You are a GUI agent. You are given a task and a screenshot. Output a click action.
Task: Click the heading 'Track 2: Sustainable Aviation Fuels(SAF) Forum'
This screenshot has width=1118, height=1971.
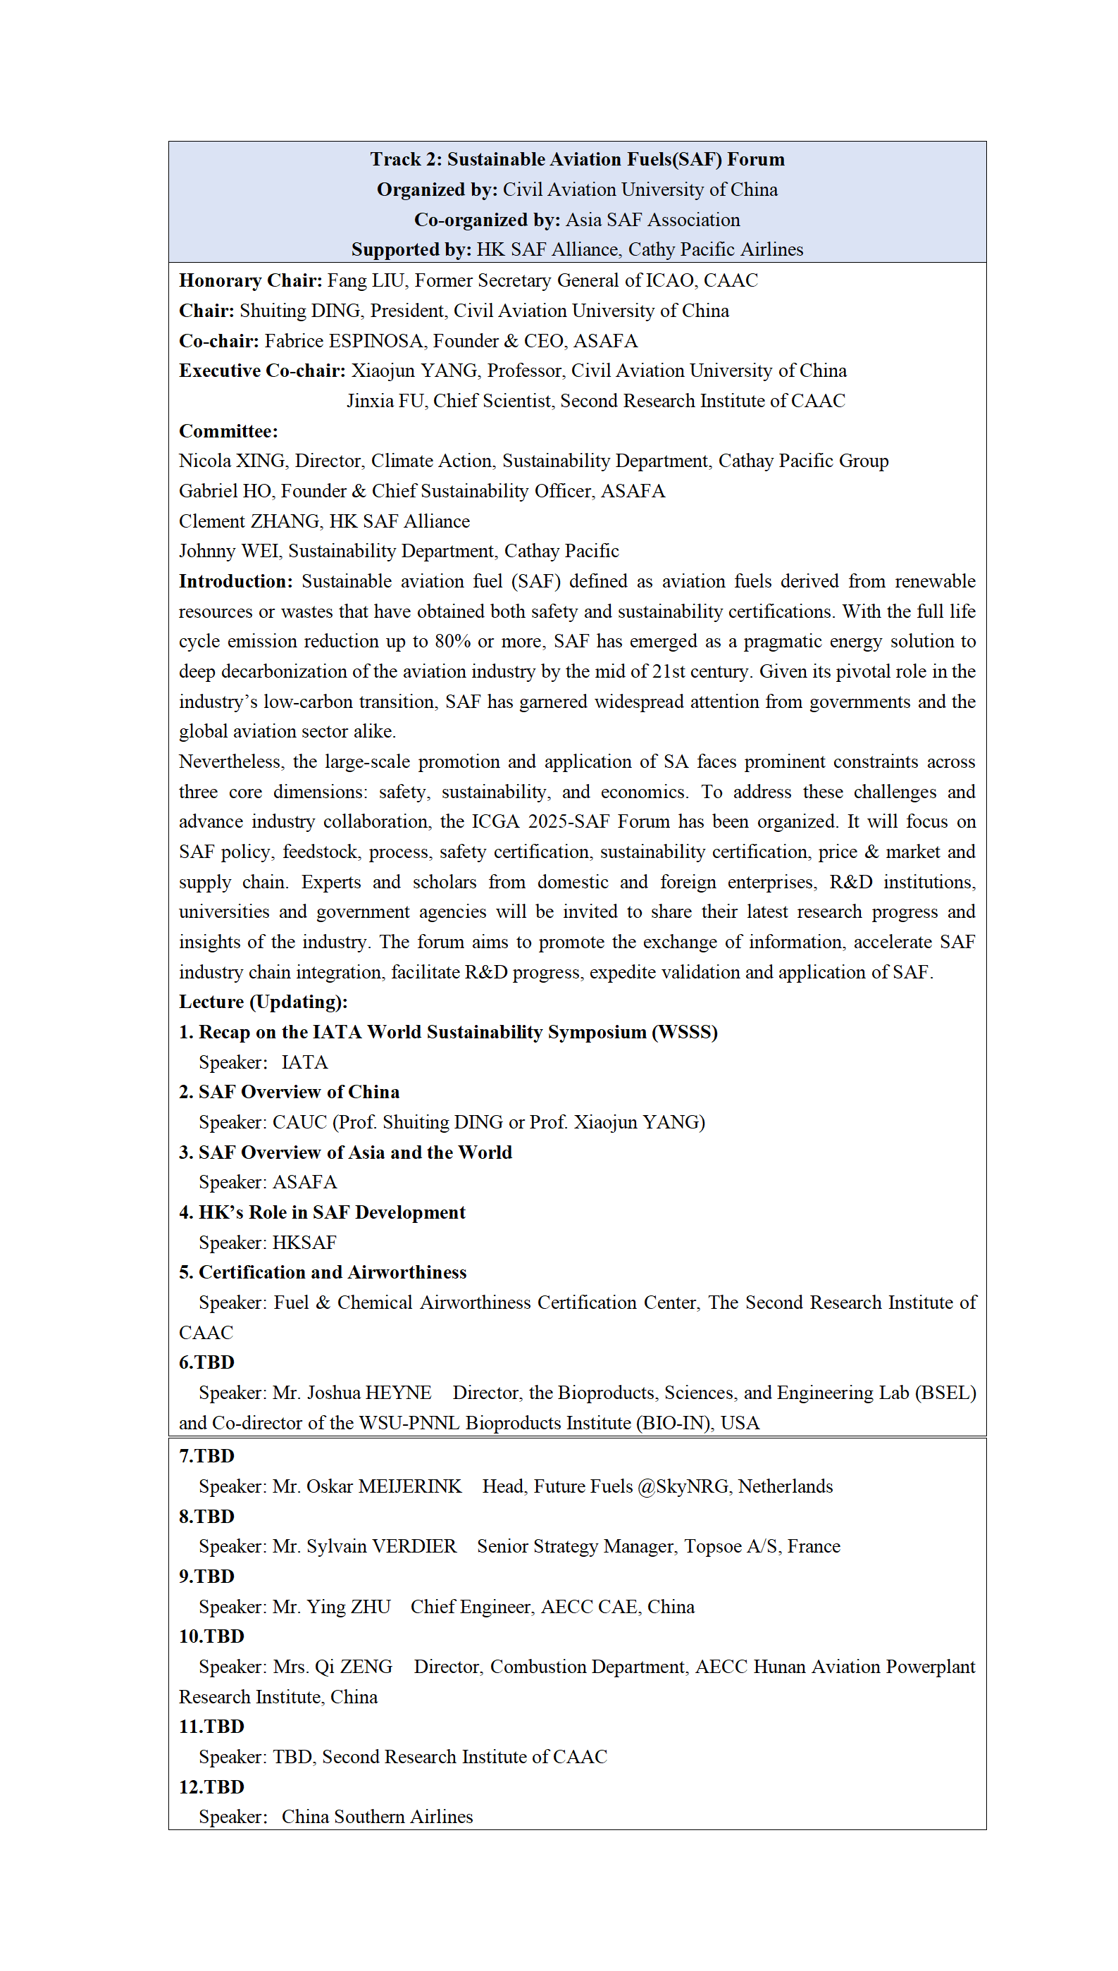point(577,159)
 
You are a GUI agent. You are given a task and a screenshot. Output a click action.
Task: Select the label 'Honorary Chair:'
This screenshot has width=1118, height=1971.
point(250,280)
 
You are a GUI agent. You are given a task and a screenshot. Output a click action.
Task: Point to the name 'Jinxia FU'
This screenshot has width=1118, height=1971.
point(385,401)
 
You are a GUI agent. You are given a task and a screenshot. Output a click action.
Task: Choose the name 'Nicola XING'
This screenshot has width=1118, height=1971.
point(231,461)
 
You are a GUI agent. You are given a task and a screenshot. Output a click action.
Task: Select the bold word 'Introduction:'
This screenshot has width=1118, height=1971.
point(236,581)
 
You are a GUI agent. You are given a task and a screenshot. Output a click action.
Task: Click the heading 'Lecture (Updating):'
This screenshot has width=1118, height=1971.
point(263,1002)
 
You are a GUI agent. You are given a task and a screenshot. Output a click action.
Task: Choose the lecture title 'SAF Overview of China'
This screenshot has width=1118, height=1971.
point(299,1092)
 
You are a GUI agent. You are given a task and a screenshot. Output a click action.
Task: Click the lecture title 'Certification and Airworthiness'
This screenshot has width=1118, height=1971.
point(333,1272)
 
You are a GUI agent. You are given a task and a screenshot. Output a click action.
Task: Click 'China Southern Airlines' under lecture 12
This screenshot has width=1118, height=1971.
point(377,1817)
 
